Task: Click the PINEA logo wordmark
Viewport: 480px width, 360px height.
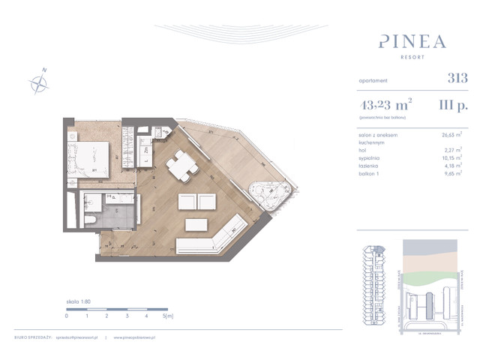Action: (412, 40)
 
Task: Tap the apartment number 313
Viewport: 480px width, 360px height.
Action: (457, 77)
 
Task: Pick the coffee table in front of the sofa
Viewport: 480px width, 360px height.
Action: (197, 224)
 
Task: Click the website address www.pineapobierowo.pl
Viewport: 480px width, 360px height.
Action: (139, 337)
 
